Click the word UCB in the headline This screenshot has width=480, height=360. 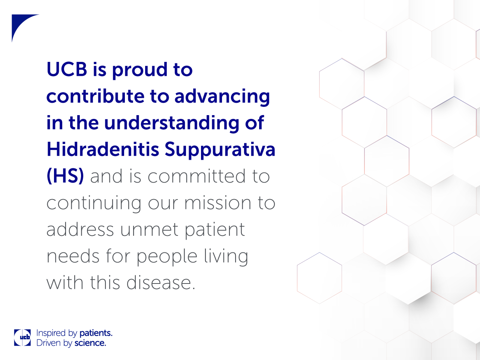pyautogui.click(x=67, y=69)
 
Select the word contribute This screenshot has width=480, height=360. pyautogui.click(x=95, y=96)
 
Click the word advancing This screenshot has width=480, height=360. pyautogui.click(x=222, y=97)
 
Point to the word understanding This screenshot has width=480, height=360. pyautogui.click(x=172, y=124)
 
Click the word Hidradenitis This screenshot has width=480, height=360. pyautogui.click(x=103, y=149)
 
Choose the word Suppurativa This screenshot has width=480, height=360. pyautogui.click(x=220, y=150)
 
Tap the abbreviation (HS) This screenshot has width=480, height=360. pyautogui.click(x=65, y=176)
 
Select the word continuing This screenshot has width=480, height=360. pyautogui.click(x=94, y=204)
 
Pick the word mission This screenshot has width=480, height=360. pyautogui.click(x=218, y=202)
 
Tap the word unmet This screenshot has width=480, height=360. pyautogui.click(x=149, y=230)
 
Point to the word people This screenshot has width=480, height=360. pyautogui.click(x=167, y=257)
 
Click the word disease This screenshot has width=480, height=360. pyautogui.click(x=161, y=282)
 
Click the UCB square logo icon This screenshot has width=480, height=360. pyautogui.click(x=22, y=337)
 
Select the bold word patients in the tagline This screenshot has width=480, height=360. pyautogui.click(x=96, y=333)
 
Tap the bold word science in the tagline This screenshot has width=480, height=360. pyautogui.click(x=90, y=343)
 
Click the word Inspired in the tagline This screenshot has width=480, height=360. pyautogui.click(x=51, y=333)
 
